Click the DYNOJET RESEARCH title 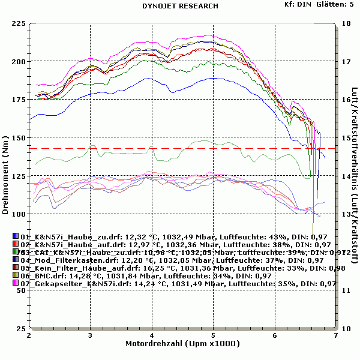pyautogui.click(x=179, y=6)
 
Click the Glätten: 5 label pyautogui.click(x=336, y=4)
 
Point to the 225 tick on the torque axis pyautogui.click(x=19, y=23)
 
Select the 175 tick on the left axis pyautogui.click(x=19, y=100)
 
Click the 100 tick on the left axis pyautogui.click(x=19, y=214)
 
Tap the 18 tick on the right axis pyautogui.click(x=345, y=23)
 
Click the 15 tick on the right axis pyautogui.click(x=345, y=138)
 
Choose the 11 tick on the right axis pyautogui.click(x=345, y=290)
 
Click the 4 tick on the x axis pyautogui.click(x=152, y=337)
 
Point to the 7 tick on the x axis pyautogui.click(x=336, y=337)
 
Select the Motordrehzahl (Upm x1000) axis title pyautogui.click(x=182, y=344)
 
